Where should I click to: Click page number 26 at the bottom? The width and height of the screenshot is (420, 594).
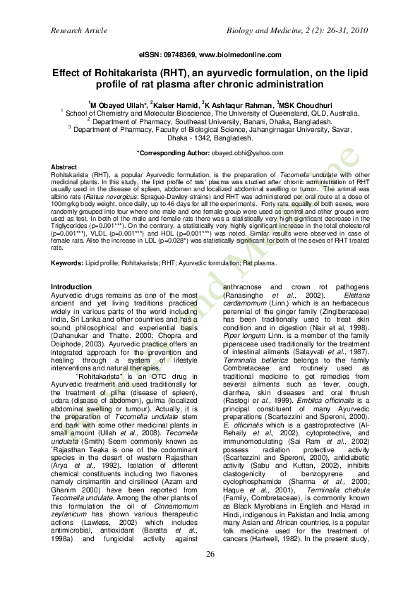pyautogui.click(x=210, y=554)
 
